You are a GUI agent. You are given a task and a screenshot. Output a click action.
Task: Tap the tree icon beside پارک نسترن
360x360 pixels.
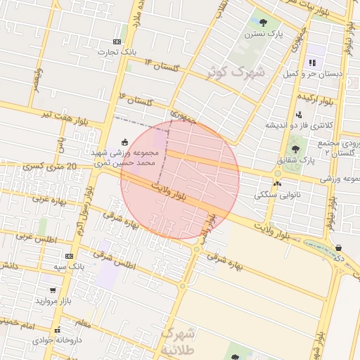coord(264,22)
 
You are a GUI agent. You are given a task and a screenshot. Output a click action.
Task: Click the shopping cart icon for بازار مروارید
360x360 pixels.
coord(52,289)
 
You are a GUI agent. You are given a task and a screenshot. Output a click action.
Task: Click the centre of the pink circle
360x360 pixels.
coord(180,179)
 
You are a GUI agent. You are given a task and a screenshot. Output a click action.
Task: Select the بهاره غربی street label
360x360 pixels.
coord(49,200)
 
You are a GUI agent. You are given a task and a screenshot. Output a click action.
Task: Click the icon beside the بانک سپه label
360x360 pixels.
coord(69,256)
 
